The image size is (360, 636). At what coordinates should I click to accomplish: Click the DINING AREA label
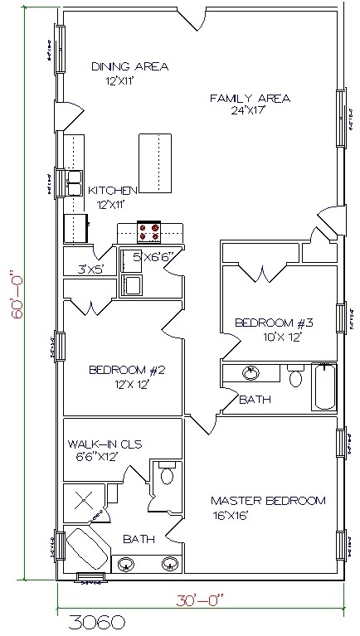click(x=130, y=66)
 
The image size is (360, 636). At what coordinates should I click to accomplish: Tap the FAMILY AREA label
click(x=249, y=99)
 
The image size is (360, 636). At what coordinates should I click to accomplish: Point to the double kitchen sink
click(x=74, y=181)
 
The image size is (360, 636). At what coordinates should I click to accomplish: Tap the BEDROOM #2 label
click(x=123, y=370)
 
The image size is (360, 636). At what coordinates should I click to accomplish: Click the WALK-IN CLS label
click(x=105, y=444)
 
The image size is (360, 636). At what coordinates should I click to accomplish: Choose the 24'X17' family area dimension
click(x=249, y=112)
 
